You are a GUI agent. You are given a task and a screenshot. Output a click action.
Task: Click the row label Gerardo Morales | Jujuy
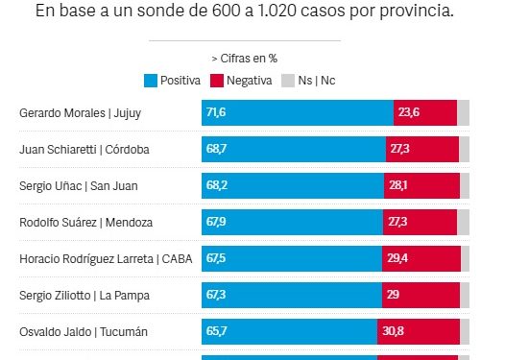pos(79,113)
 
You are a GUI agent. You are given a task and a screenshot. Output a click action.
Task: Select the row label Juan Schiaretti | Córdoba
pos(84,150)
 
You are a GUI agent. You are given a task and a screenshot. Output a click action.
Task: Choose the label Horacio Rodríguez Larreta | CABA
pos(99,259)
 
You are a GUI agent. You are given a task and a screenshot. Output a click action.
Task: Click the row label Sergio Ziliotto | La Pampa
pos(84,296)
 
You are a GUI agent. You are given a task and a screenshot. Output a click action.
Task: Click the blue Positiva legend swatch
pos(150,81)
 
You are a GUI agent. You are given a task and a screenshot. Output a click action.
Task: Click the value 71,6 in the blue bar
pos(215,113)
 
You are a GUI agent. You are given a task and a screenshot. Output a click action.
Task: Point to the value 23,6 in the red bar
pos(410,113)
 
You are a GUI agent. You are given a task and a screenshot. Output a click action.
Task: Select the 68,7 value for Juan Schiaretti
pos(215,150)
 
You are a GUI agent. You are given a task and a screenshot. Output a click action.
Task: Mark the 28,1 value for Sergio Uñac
pos(398,186)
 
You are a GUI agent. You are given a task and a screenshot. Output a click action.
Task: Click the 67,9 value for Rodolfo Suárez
pos(215,223)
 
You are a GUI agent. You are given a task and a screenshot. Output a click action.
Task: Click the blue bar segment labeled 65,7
pos(288,332)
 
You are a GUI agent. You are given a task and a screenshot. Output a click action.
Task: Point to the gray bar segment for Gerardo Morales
pos(463,113)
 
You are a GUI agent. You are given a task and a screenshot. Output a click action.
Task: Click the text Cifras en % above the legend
pos(247,59)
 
